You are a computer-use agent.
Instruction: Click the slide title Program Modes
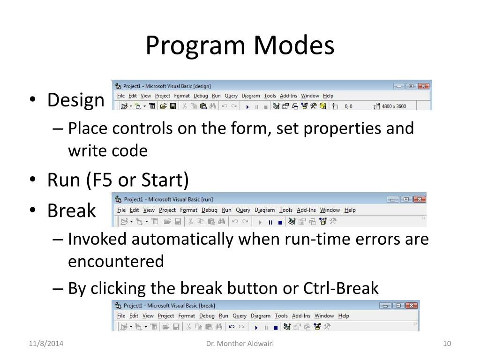point(240,46)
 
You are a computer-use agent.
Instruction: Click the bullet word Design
point(75,100)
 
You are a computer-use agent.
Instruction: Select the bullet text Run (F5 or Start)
point(118,180)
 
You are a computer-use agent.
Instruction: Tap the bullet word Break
point(71,211)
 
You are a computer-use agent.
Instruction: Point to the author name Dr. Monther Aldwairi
point(240,345)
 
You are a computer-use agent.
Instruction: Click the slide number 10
point(446,345)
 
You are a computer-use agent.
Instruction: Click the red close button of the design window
point(423,86)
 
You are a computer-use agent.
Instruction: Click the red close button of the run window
point(420,199)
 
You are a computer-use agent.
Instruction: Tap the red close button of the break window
point(412,306)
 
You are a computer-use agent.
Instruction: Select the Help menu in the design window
point(328,96)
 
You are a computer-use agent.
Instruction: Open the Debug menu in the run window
point(210,210)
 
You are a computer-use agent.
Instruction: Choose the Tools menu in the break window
point(281,316)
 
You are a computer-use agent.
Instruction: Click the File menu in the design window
point(121,96)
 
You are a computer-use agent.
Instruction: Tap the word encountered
point(116,261)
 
